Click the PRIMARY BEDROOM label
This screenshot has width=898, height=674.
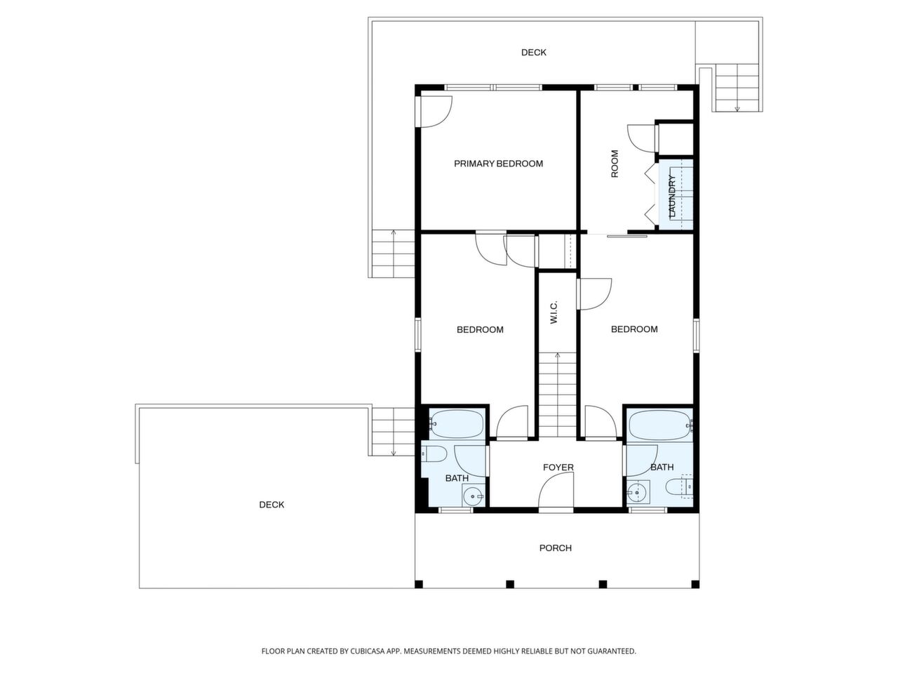click(498, 164)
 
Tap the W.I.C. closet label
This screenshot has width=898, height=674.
click(554, 312)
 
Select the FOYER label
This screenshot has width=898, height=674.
click(558, 467)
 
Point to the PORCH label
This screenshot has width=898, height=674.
click(555, 548)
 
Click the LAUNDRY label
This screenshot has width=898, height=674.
click(671, 196)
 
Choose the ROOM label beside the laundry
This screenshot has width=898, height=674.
click(615, 164)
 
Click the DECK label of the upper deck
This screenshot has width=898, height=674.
click(533, 53)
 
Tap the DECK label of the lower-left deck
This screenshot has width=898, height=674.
click(272, 505)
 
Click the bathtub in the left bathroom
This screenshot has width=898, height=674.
click(456, 424)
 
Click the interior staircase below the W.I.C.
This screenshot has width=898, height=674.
click(557, 397)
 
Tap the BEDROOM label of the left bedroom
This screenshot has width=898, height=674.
click(480, 329)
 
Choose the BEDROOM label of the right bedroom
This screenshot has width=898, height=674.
click(634, 329)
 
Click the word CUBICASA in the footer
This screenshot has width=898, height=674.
click(368, 651)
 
